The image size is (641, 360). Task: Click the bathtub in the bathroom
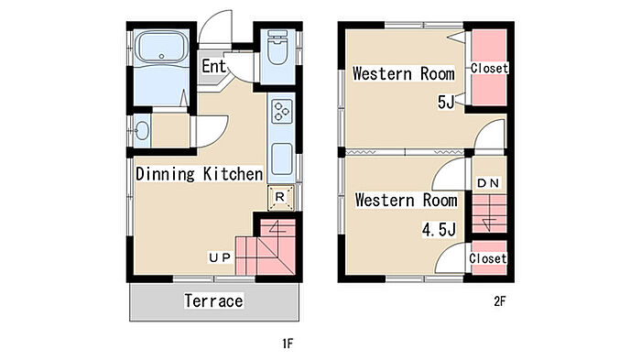tap(162, 47)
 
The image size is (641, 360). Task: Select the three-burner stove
tap(282, 111)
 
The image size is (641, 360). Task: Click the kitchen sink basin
tap(282, 158)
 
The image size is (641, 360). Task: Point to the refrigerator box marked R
tap(280, 198)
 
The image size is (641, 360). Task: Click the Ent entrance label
tap(213, 66)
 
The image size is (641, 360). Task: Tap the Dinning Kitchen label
tap(199, 174)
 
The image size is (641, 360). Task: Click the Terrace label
tap(213, 301)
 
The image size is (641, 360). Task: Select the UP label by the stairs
tap(220, 257)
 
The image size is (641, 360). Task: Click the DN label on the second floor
tap(488, 183)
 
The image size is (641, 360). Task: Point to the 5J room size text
tap(446, 102)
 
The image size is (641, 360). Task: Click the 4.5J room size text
tap(439, 230)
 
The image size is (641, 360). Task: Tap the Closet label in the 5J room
tap(489, 68)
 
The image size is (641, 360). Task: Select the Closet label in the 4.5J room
tap(488, 258)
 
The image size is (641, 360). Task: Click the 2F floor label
tap(500, 301)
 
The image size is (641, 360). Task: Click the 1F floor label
tap(288, 344)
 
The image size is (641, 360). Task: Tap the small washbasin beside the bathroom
tap(142, 131)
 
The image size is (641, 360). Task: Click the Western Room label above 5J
tap(404, 74)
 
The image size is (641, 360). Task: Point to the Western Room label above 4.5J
tap(406, 201)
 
